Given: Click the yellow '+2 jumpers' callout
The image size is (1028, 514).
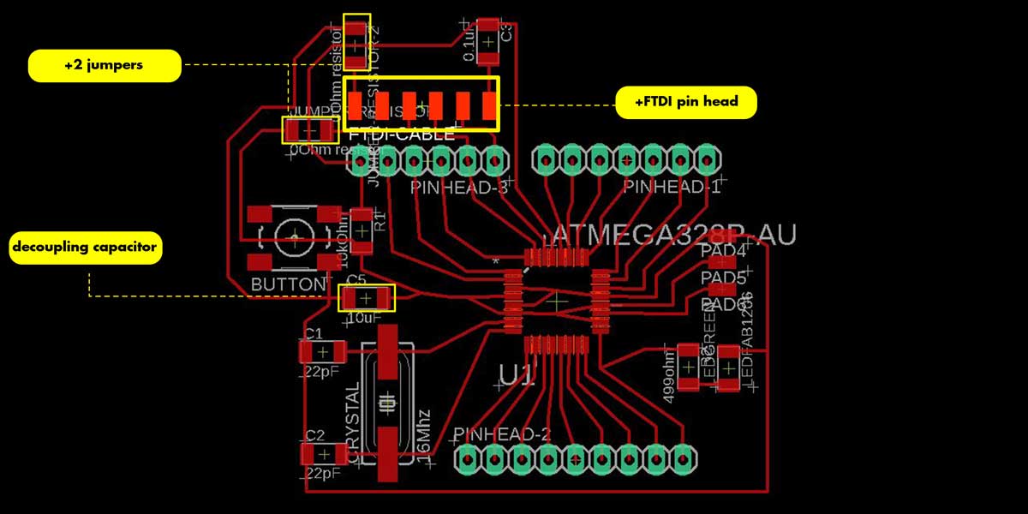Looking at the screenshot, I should click(105, 65).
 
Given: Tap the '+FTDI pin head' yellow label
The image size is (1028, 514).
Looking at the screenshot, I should click(687, 103).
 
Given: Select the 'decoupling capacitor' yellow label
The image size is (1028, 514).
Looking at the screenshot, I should click(85, 248).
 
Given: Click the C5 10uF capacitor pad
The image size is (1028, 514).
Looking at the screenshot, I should click(366, 298).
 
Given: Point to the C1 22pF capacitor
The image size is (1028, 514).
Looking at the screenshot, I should click(322, 351).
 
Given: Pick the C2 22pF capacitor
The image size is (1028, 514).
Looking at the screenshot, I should click(323, 454).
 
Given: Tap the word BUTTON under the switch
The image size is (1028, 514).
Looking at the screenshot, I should click(289, 284).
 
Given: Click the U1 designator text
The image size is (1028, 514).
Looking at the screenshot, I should click(518, 374).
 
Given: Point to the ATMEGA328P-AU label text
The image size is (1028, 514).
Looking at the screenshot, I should click(674, 235).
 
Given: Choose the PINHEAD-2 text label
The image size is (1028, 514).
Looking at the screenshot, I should click(502, 433).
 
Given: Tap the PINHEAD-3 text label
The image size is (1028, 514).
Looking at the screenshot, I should click(459, 187).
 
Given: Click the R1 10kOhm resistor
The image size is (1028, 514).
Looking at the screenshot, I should click(362, 230).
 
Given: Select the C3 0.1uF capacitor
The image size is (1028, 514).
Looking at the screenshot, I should click(488, 40).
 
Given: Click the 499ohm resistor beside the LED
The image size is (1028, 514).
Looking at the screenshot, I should click(688, 366).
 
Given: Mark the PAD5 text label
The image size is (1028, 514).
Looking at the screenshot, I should click(723, 278).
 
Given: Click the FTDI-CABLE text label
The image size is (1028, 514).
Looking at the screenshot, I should click(402, 134).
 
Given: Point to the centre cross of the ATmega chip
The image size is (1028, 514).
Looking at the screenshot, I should click(558, 301).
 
